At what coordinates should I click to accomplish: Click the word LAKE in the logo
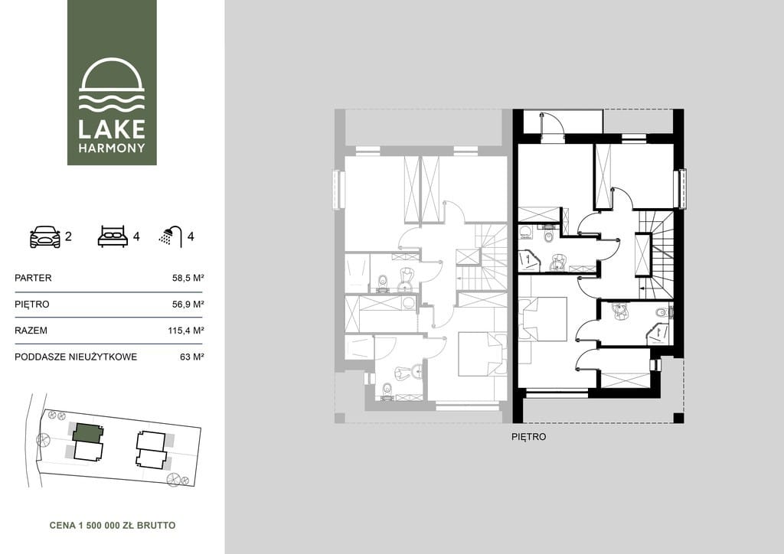[112, 129]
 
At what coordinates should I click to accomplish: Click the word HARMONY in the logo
[112, 148]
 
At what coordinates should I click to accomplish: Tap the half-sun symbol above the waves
[112, 74]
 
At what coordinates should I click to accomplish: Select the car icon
[45, 236]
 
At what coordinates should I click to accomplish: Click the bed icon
[113, 236]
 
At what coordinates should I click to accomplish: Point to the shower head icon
[171, 236]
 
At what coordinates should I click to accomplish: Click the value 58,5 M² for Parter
[188, 278]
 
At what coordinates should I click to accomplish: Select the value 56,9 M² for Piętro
[188, 305]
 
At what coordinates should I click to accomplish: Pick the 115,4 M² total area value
[185, 331]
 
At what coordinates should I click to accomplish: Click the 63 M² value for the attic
[191, 357]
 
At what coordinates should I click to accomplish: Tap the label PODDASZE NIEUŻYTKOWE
[76, 357]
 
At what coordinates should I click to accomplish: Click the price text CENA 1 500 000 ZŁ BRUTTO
[113, 526]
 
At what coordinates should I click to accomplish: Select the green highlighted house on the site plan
[88, 432]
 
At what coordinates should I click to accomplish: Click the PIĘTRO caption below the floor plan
[529, 437]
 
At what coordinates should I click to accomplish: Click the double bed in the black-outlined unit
[543, 319]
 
